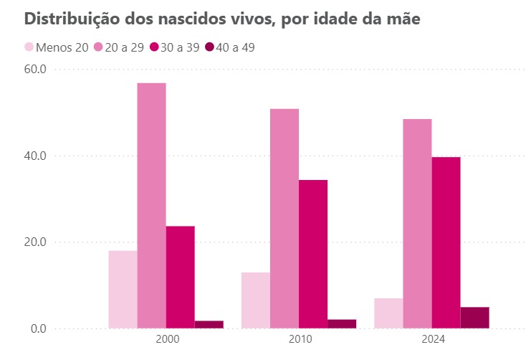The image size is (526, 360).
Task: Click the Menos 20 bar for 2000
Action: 123,290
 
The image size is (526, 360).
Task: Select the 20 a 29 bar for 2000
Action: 151,206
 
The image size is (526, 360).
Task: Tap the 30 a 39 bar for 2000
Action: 180,278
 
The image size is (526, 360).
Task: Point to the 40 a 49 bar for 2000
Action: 209,325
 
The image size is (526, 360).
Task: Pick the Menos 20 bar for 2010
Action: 255,300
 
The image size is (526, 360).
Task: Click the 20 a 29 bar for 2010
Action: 284,219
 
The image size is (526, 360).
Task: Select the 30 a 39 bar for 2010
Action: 312,255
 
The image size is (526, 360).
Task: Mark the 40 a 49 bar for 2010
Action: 341,324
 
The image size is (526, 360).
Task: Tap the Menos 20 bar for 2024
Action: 388,313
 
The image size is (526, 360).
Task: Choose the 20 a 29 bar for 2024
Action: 417,224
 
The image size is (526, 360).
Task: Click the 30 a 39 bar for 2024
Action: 446,243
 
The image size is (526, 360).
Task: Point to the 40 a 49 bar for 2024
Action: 474,318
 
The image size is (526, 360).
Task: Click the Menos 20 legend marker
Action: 29,47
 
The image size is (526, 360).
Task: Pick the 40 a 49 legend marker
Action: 209,47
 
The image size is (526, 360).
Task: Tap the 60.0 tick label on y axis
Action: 34,70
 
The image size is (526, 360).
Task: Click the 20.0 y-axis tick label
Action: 34,242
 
